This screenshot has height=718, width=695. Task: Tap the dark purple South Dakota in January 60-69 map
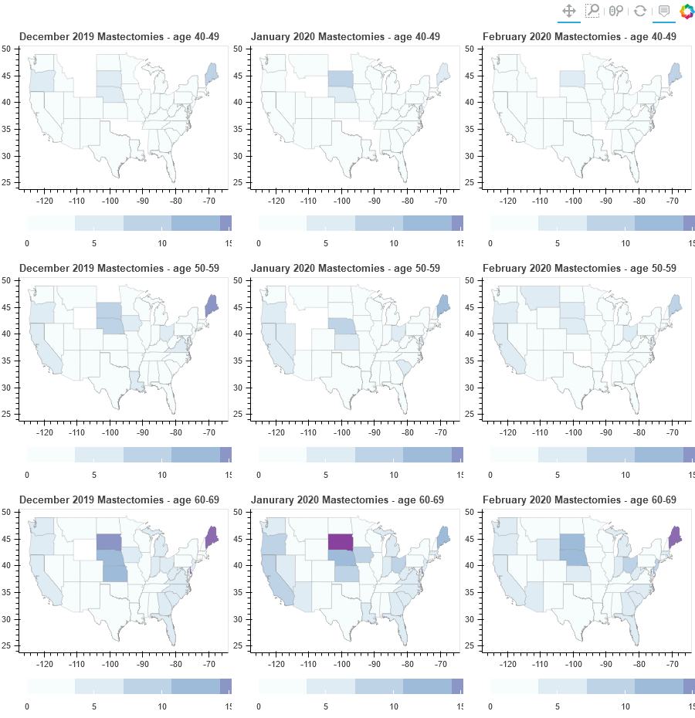coord(340,541)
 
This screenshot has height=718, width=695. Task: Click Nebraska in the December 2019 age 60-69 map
coord(113,557)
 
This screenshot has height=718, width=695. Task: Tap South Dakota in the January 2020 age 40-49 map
coord(340,78)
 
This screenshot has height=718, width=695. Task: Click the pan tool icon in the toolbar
coord(568,11)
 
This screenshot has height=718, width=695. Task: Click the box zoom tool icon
coord(592,11)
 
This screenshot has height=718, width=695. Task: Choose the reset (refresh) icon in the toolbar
coord(639,11)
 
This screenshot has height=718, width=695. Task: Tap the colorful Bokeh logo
coord(687,11)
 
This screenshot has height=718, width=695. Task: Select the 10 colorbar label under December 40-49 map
coord(163,243)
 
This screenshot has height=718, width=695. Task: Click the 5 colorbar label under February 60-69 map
coord(558,706)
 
